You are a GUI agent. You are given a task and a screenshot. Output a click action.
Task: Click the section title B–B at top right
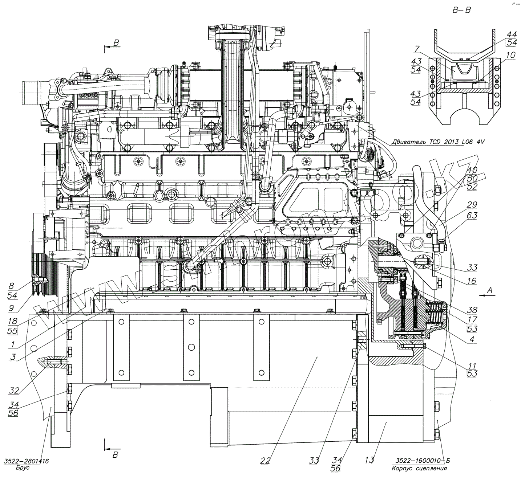461,10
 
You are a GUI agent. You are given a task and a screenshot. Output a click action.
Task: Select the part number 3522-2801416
26,461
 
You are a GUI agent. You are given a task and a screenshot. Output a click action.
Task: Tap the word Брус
23,468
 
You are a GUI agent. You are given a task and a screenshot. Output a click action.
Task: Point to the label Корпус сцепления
419,468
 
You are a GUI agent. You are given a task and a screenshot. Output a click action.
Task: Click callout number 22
266,461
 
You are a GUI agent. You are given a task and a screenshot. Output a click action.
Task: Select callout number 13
369,461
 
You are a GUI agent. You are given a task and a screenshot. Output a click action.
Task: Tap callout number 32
14,391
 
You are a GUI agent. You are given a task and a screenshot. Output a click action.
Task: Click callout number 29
472,205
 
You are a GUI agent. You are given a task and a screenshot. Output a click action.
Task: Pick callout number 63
472,216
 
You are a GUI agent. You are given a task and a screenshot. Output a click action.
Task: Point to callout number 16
472,281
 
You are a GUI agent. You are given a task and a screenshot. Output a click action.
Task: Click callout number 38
472,310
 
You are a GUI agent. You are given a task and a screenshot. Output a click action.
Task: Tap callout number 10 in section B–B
511,55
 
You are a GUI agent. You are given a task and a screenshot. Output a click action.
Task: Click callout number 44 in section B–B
512,34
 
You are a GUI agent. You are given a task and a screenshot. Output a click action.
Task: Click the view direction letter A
489,290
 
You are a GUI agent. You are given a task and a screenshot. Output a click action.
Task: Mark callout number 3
13,357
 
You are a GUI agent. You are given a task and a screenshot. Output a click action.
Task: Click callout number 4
472,340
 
